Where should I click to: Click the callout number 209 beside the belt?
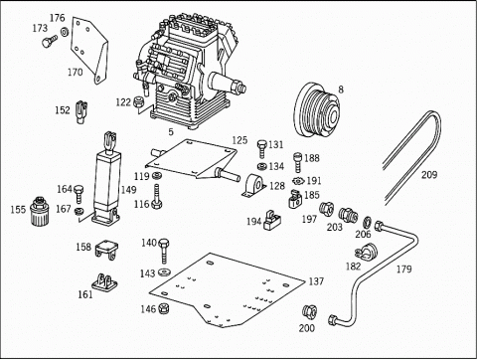pos(429,175)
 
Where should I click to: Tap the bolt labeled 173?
pos(50,42)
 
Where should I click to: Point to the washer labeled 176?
pos(65,32)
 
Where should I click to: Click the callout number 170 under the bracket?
pos(76,72)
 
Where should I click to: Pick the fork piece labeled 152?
pos(81,111)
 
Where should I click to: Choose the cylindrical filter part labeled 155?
pos(39,211)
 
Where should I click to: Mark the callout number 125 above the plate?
pos(239,140)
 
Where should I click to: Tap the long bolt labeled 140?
pos(164,251)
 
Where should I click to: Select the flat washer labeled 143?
pos(164,272)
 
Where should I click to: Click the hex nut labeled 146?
pos(164,308)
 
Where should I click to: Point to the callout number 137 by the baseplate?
pos(316,281)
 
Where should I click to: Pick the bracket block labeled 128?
pos(254,186)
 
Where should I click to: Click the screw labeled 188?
pos(298,162)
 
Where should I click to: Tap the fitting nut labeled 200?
pos(309,311)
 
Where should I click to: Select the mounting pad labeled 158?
pos(106,250)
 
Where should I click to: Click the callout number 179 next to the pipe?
pos(404,270)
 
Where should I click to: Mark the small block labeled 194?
pos(272,220)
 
